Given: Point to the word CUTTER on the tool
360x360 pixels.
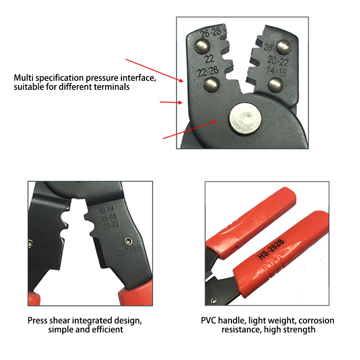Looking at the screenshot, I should (x=129, y=250).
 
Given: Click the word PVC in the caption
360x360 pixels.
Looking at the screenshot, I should (x=208, y=320).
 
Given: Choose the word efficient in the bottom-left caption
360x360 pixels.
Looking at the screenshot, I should (x=108, y=329).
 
